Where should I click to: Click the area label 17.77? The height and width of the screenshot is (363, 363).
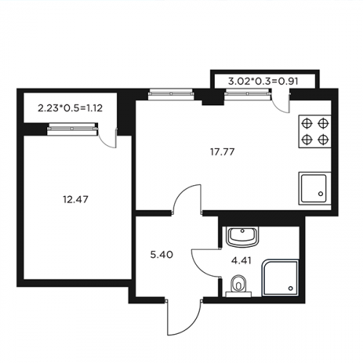(x=222, y=152)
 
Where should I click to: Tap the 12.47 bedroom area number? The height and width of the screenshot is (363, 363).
(x=76, y=200)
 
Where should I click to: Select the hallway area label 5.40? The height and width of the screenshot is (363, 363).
(x=162, y=255)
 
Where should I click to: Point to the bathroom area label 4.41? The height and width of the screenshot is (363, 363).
(x=241, y=261)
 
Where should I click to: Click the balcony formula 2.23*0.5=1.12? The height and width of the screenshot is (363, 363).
(x=70, y=108)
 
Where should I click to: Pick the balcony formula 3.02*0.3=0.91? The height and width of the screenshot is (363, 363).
(x=263, y=81)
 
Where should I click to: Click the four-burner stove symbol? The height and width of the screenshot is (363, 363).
(x=315, y=131)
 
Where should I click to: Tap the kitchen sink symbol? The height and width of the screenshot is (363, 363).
(x=315, y=188)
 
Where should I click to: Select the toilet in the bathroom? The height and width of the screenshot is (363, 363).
(x=239, y=285)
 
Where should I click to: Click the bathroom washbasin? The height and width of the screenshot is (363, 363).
(x=242, y=237)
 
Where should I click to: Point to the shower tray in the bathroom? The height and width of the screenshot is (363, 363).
(x=280, y=278)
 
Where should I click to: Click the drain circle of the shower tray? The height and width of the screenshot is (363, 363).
(x=291, y=288)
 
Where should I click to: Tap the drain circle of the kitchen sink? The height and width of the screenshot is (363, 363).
(x=321, y=194)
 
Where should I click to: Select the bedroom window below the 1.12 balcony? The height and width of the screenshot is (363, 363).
(x=73, y=129)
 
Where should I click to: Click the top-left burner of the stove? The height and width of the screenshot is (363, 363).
(x=306, y=123)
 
